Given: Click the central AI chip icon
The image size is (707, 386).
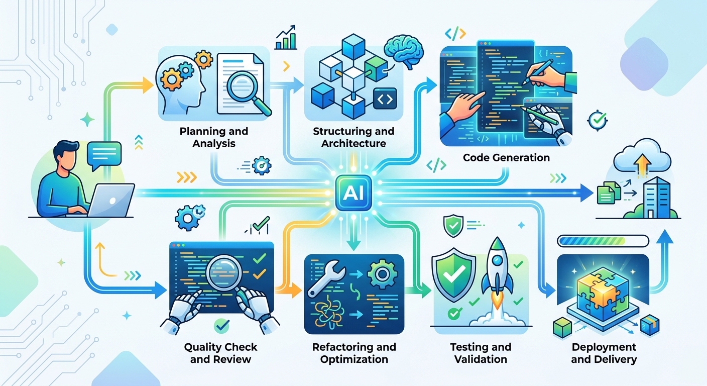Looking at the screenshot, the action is click(x=353, y=192).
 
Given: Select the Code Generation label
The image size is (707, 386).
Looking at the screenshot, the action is click(x=506, y=158).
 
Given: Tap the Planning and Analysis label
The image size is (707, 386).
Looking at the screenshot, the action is click(x=214, y=137).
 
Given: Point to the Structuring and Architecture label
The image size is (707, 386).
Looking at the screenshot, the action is click(x=353, y=137).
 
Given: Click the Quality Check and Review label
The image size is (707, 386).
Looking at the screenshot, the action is click(x=220, y=353).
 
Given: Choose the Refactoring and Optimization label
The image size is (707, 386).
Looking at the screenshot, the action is click(x=354, y=353).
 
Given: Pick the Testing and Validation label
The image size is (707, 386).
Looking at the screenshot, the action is click(x=481, y=353).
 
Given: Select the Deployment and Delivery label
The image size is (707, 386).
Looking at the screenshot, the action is click(x=604, y=353).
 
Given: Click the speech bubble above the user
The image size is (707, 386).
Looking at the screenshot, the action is click(x=104, y=155).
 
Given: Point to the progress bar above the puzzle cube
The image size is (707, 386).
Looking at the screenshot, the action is click(x=603, y=241).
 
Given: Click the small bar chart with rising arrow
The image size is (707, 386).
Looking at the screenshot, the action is click(x=286, y=37).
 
